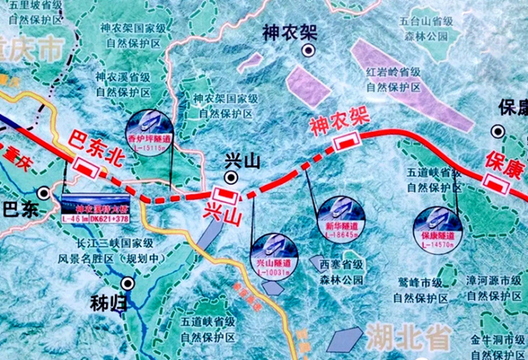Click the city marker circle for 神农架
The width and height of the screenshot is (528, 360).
click(308, 50)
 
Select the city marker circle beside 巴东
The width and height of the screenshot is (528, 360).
click(44, 193)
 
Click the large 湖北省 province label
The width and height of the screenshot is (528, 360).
click(409, 334)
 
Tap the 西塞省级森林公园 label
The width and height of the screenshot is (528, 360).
click(336, 269)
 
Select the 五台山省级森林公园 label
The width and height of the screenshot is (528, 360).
click(425, 29)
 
